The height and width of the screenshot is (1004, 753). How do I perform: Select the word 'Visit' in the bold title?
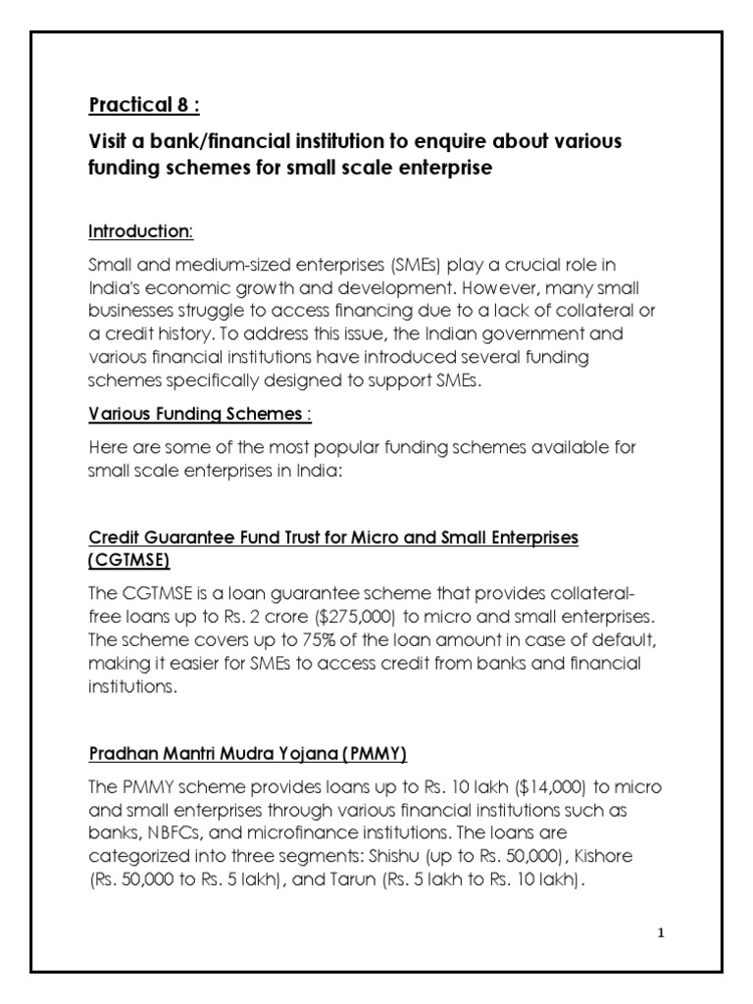click(108, 142)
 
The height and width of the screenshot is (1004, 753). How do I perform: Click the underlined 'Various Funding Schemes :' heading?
click(200, 414)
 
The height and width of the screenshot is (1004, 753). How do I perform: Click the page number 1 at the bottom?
click(661, 932)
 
